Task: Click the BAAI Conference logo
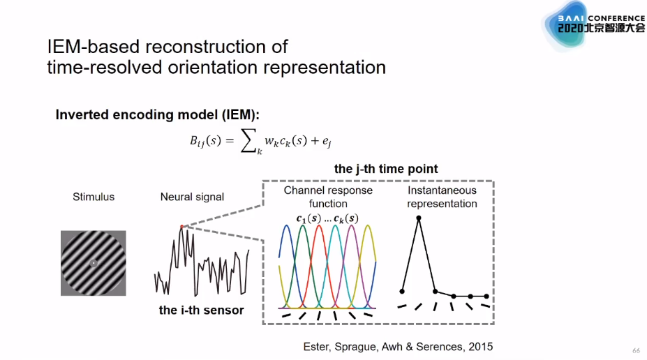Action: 593,25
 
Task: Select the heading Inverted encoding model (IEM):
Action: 162,115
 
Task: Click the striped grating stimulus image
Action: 93,263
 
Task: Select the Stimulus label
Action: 93,197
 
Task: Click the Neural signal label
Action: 192,197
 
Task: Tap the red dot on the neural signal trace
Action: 182,227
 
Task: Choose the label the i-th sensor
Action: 201,310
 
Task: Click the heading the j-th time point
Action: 386,169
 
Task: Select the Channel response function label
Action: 328,197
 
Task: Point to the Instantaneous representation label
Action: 442,197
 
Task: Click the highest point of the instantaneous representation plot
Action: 419,218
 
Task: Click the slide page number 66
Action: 636,350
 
